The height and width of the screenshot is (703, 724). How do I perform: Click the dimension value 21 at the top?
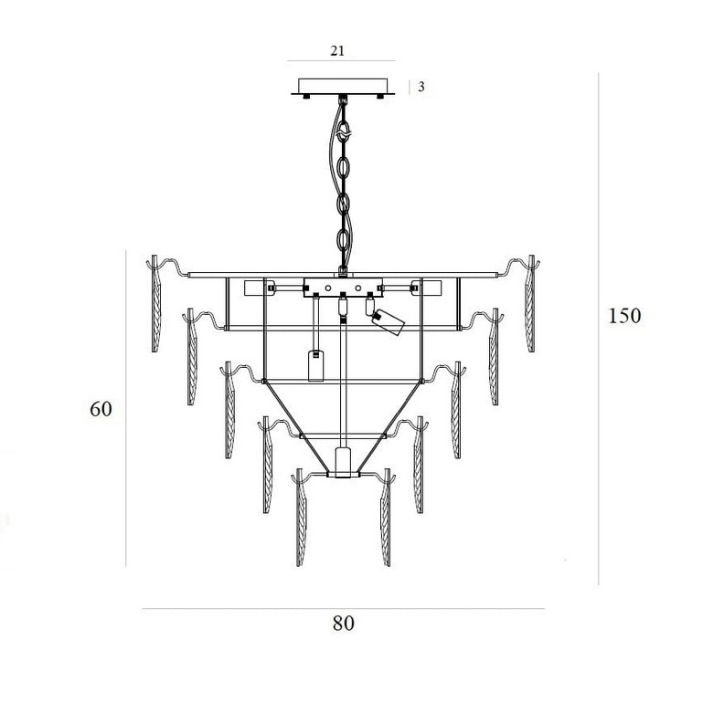click(337, 50)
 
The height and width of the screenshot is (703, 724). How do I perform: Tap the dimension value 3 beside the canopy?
click(421, 87)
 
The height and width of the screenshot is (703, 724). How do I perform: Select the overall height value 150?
click(624, 316)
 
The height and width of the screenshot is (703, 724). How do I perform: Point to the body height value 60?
click(101, 409)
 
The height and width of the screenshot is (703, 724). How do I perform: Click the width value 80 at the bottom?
click(344, 624)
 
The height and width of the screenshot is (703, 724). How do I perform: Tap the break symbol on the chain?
click(342, 134)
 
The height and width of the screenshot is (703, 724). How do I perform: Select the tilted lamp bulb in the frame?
click(389, 321)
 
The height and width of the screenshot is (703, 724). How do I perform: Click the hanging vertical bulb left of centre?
click(315, 365)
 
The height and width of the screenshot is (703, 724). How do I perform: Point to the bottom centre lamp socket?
click(342, 462)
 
